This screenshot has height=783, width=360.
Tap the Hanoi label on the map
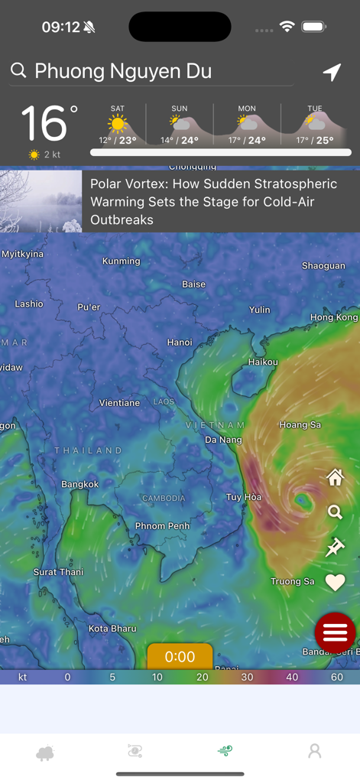[180, 342]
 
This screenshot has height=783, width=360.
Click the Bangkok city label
[80, 484]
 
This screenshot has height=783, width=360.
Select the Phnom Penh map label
[162, 526]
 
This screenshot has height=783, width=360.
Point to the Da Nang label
[223, 440]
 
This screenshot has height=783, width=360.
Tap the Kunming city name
[122, 261]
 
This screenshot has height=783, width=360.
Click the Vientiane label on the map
[119, 402]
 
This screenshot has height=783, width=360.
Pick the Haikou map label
[263, 362]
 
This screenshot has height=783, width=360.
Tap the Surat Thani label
[59, 572]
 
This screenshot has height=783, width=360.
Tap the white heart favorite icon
[335, 582]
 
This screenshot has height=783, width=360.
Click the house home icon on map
[335, 478]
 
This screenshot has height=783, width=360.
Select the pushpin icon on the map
[335, 547]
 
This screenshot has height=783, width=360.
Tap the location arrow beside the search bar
[332, 72]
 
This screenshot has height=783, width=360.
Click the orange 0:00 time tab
[180, 657]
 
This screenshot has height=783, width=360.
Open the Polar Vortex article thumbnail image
[41, 201]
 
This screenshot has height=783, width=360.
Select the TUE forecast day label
[315, 109]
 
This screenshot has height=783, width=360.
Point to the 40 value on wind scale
[292, 677]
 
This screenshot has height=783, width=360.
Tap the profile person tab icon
[314, 752]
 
